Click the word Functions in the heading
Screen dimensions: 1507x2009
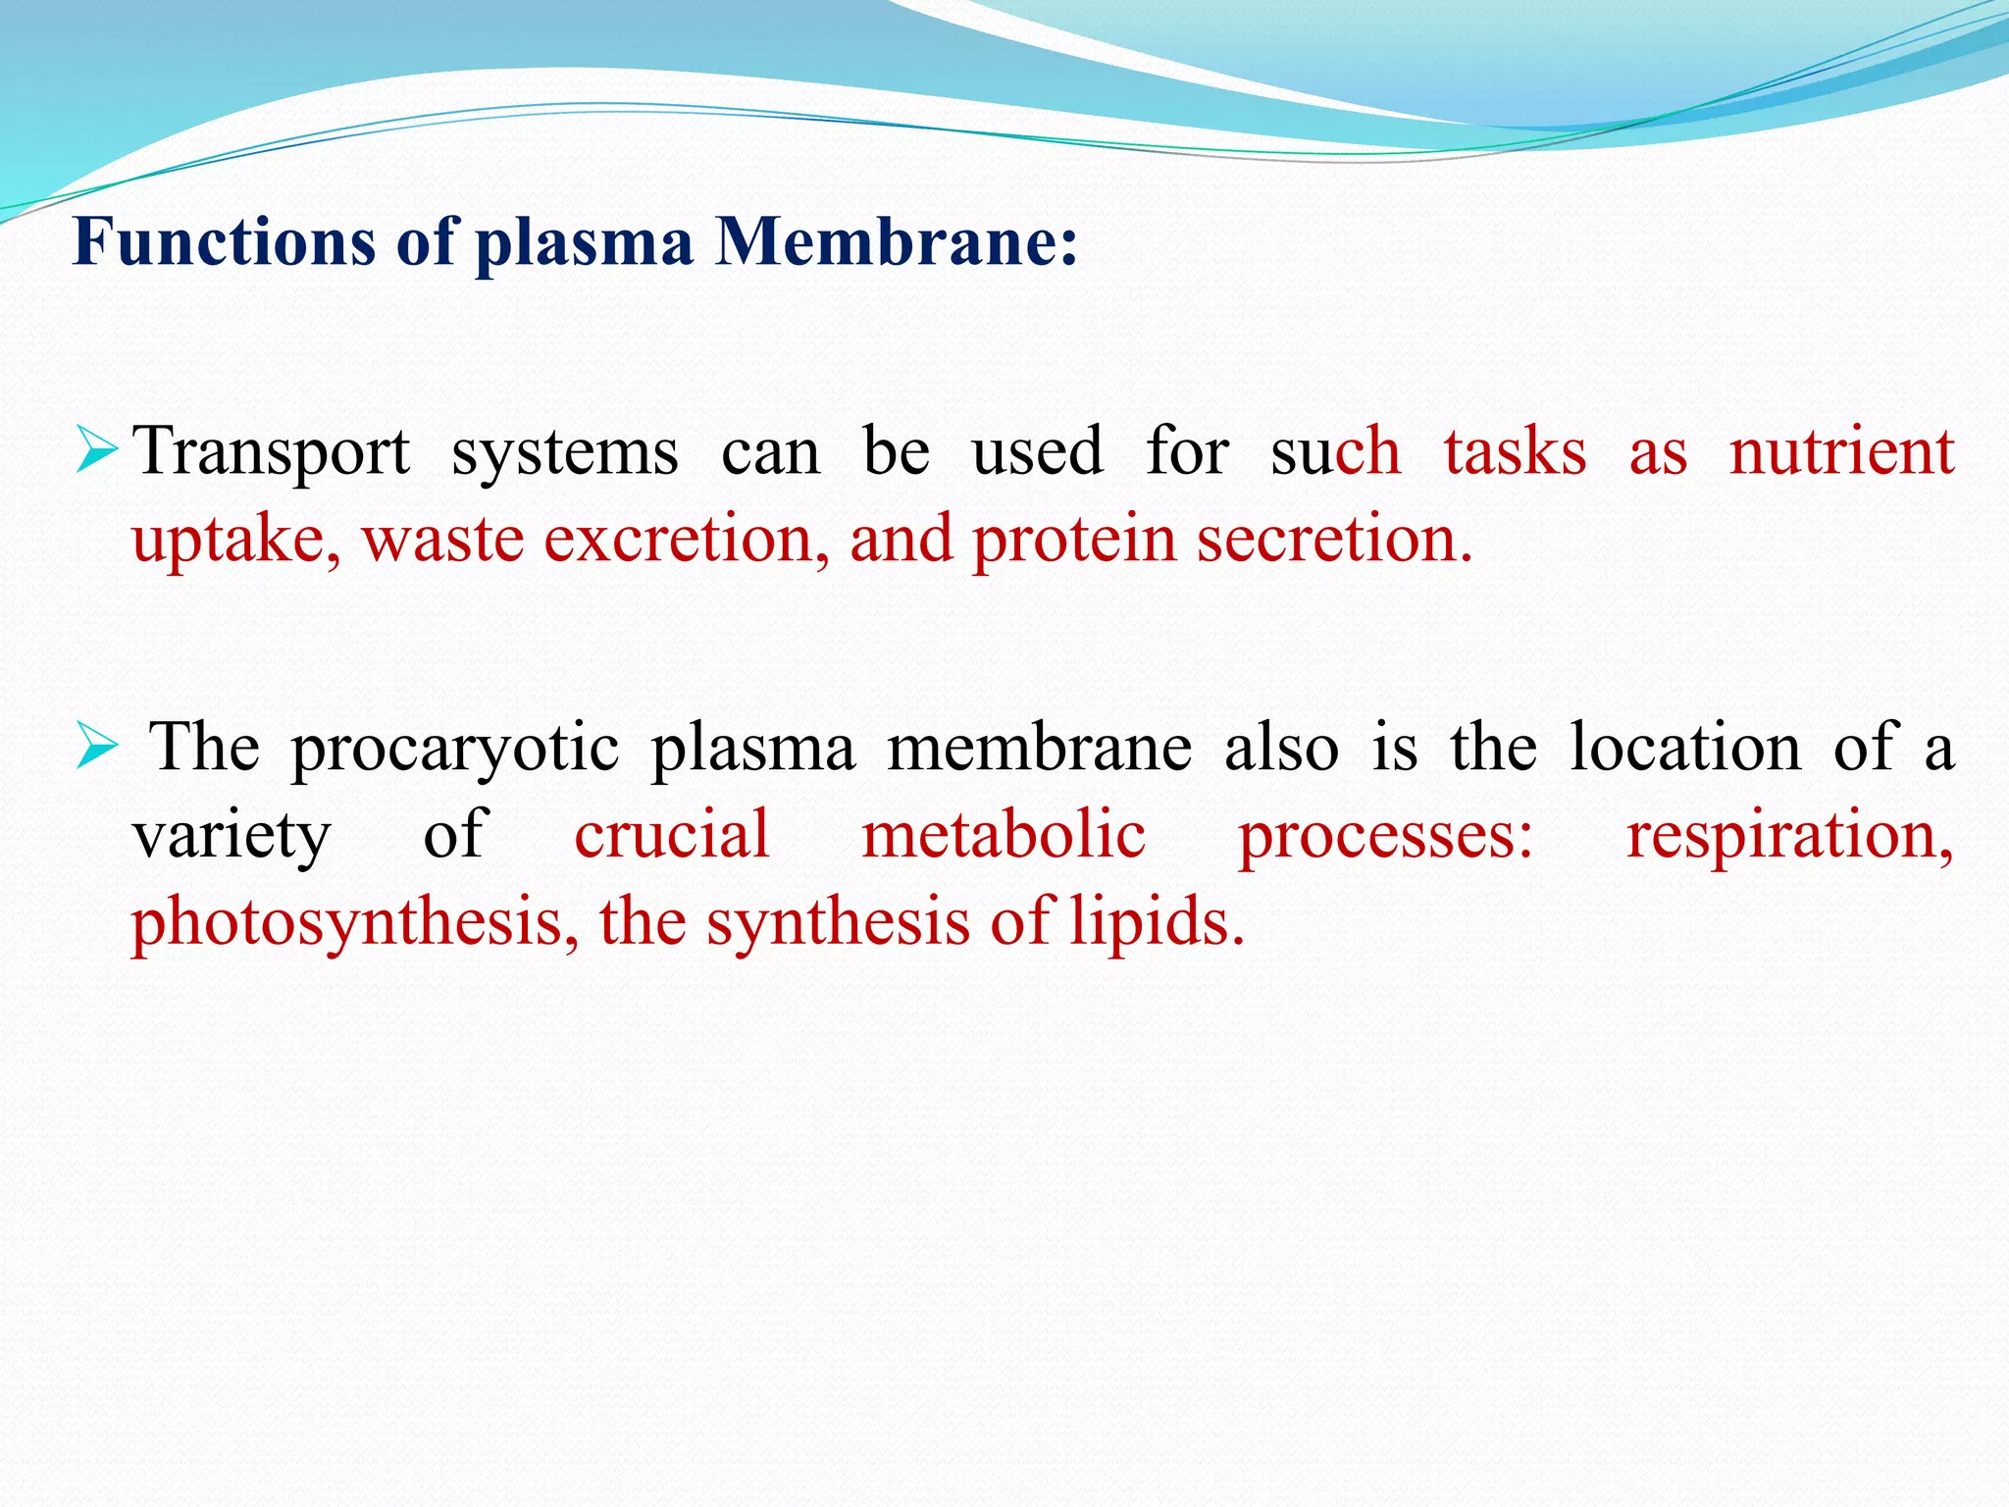coord(224,241)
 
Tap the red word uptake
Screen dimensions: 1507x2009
coord(236,541)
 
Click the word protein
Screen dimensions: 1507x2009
coord(1073,541)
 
